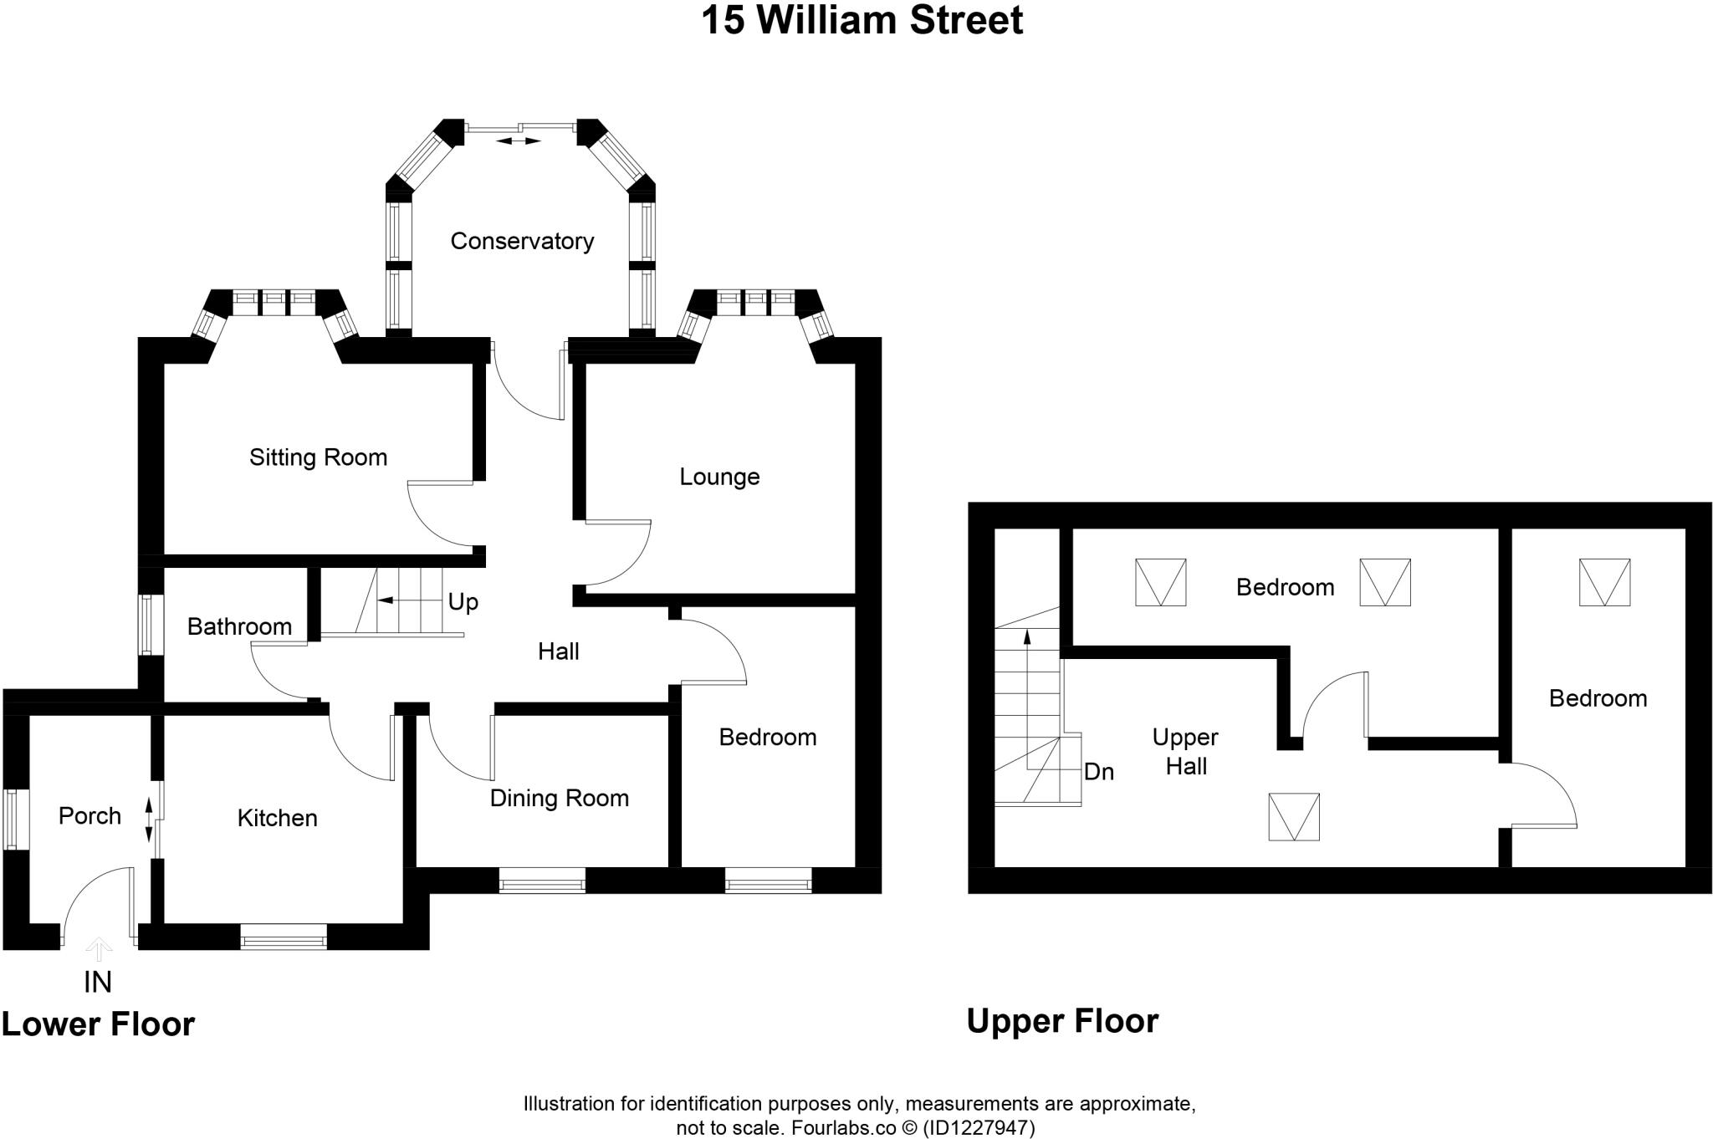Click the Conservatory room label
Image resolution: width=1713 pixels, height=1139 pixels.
[x=522, y=242]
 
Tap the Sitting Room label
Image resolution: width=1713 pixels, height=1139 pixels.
[x=318, y=457]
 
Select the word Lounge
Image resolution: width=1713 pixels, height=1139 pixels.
[x=719, y=477]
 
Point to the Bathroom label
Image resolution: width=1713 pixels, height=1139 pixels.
[x=239, y=626]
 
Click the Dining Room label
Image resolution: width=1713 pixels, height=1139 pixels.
[x=559, y=798]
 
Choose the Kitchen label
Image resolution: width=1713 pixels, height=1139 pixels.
[x=277, y=818]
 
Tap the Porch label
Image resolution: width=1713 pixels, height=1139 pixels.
[x=89, y=815]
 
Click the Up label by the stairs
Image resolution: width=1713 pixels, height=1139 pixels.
[x=463, y=602]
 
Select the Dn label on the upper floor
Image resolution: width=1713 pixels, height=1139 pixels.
[x=1098, y=772]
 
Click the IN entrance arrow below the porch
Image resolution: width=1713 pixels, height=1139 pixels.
[x=99, y=949]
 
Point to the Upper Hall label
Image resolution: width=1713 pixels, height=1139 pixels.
[x=1185, y=751]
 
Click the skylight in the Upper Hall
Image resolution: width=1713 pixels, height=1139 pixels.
[x=1293, y=816]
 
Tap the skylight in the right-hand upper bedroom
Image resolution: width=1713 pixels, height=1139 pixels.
[x=1604, y=582]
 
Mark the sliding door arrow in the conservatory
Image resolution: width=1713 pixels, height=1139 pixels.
[x=518, y=141]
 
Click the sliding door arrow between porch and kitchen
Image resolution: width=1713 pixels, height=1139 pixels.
[x=149, y=820]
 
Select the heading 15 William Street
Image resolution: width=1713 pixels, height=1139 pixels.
[x=862, y=21]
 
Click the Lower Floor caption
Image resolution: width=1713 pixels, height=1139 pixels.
[x=98, y=1024]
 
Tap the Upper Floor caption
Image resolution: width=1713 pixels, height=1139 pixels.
[x=1061, y=1021]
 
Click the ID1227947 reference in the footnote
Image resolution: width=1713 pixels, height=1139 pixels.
[x=979, y=1128]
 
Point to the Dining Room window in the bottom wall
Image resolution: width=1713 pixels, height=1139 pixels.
[x=541, y=881]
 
